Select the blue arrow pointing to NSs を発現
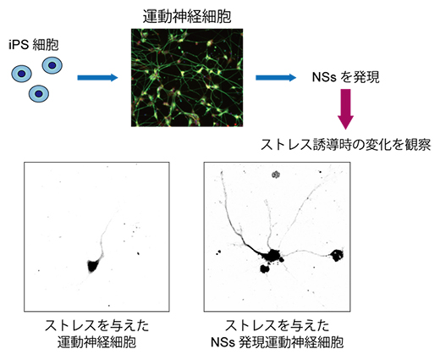point(274,78)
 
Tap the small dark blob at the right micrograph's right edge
point(338,253)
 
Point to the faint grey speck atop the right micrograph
point(276,175)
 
